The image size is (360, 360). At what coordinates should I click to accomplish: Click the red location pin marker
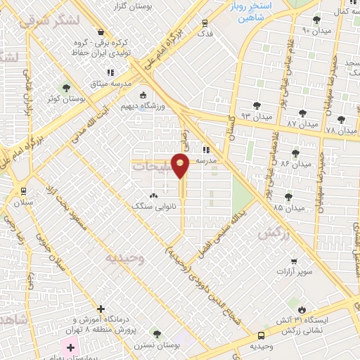tap(181, 166)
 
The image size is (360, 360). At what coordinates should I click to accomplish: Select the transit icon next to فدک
tap(205, 22)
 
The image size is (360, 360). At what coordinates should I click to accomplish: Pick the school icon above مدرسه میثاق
tap(110, 72)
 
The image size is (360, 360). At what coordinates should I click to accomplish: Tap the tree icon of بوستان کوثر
tap(67, 89)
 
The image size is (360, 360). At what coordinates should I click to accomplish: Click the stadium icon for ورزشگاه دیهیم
tap(144, 96)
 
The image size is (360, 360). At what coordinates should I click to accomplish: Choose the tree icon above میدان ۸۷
tap(302, 112)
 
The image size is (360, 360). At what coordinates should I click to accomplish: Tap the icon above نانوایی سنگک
tap(154, 195)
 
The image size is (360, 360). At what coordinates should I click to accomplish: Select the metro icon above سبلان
tap(23, 191)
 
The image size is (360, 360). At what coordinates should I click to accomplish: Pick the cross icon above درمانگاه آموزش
tap(101, 309)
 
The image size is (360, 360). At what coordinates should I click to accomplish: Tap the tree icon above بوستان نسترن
tap(156, 334)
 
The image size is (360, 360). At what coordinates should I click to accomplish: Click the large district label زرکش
tap(274, 234)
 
